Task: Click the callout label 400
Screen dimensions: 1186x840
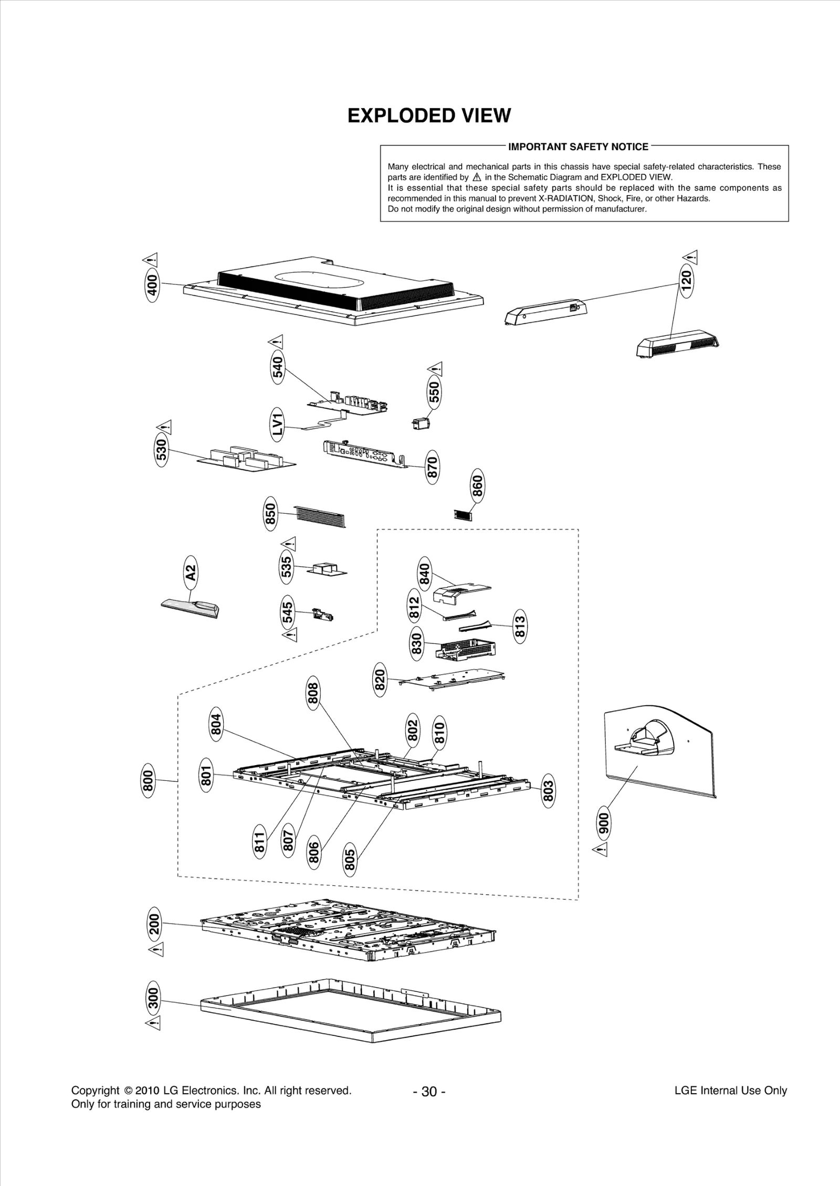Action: (152, 285)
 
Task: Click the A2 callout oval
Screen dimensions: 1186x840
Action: (191, 573)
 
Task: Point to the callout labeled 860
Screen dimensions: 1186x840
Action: (477, 485)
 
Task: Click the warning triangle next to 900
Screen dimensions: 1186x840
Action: (601, 849)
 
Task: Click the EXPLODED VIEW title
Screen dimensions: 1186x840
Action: (429, 115)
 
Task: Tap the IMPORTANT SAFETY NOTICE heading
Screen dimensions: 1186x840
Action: (578, 147)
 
